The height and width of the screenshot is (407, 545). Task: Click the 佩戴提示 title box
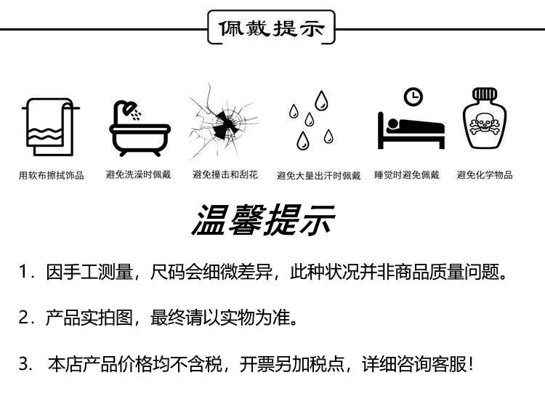(x=272, y=30)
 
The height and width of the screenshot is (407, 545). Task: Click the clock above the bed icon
(x=413, y=96)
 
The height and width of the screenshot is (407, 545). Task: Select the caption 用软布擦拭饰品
(x=52, y=175)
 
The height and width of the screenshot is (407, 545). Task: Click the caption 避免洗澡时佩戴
(x=139, y=174)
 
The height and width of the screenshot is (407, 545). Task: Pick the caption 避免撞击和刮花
(x=225, y=174)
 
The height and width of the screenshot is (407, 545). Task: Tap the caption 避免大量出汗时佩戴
(x=318, y=175)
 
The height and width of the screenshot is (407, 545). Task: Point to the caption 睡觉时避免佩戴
(x=407, y=174)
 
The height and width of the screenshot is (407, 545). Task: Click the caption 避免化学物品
(x=485, y=174)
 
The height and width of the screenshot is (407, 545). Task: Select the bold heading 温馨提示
(x=263, y=219)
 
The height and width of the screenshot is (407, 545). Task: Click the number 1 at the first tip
(x=24, y=273)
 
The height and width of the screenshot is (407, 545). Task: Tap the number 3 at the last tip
(x=25, y=363)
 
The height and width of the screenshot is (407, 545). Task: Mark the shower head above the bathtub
(x=131, y=108)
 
